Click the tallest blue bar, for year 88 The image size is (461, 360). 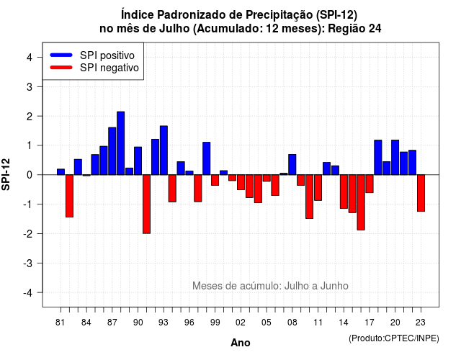120,143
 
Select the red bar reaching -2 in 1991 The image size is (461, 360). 146,204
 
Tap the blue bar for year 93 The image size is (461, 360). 164,150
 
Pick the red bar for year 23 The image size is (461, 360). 421,193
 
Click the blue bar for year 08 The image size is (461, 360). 292,165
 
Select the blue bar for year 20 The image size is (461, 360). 395,157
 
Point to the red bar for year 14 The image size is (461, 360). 344,192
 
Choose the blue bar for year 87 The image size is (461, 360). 112,151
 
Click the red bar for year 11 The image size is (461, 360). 318,187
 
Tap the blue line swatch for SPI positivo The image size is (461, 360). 61,55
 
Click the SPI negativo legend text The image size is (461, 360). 109,68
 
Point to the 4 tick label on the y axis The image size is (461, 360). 30,58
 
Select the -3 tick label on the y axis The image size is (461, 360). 28,263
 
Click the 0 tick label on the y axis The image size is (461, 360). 30,175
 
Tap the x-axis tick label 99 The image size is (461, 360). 215,323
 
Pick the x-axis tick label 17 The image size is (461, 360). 370,323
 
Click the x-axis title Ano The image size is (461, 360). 241,343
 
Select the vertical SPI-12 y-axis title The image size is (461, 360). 6,174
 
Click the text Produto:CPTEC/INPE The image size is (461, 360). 394,338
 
